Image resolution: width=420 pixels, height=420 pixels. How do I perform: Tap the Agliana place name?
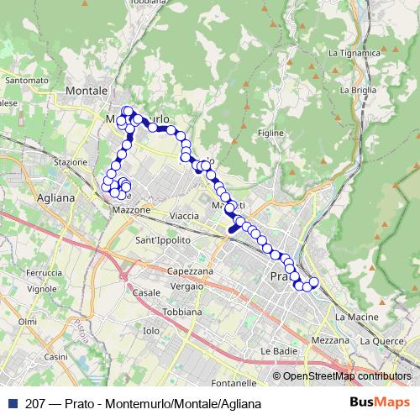click(x=56, y=198)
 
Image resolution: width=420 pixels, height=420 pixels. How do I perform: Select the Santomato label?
click(x=26, y=81)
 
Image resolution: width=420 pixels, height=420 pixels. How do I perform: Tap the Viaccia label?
click(x=184, y=216)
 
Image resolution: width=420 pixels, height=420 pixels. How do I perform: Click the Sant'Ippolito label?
click(x=163, y=240)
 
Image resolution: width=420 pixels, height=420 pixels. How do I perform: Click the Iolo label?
click(x=151, y=331)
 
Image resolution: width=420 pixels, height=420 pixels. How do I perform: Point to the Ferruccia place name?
click(x=44, y=274)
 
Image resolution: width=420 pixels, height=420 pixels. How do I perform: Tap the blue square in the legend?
click(x=8, y=404)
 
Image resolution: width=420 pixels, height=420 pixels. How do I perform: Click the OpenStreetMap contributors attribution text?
click(x=347, y=376)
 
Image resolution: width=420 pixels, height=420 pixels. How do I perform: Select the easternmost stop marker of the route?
click(x=314, y=282)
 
